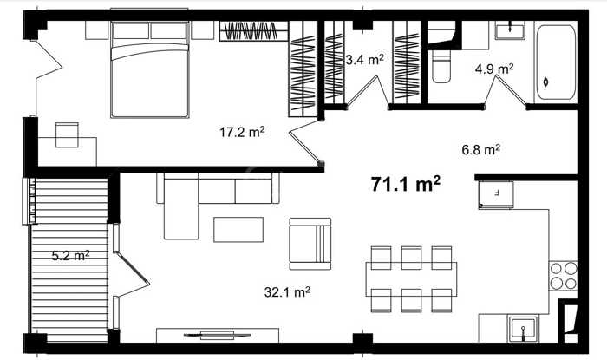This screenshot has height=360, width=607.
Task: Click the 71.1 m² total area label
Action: click(405, 184)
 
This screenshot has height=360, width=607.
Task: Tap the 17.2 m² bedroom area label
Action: click(242, 132)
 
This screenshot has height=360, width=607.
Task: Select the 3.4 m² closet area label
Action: click(364, 60)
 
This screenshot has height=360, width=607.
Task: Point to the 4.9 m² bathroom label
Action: click(494, 69)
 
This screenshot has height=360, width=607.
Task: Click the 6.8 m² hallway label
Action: click(480, 149)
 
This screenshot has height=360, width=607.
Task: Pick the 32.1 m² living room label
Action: click(287, 291)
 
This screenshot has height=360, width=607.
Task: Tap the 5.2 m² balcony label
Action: click(71, 255)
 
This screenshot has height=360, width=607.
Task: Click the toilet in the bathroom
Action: click(441, 67)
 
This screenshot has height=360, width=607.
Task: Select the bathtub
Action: click(555, 62)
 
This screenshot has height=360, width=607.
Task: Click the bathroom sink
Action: click(510, 30)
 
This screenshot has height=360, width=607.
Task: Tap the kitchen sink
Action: click(523, 329)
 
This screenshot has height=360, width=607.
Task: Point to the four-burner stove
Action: click(564, 276)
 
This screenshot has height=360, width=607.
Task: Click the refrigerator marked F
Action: click(496, 194)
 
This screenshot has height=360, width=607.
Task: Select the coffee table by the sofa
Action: click(238, 230)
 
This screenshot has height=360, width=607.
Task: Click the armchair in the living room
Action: click(310, 244)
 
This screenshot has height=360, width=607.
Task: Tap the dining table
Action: click(411, 279)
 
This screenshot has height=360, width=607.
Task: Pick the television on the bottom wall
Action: click(217, 335)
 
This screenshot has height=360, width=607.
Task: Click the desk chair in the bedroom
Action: click(67, 134)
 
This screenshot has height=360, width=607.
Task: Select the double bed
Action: click(150, 69)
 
